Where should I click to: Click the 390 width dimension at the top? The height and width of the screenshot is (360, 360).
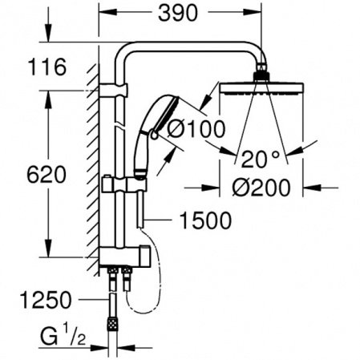(x=178, y=14)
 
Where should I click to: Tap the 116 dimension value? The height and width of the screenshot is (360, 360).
(x=47, y=67)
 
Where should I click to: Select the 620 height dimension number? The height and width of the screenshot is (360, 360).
(x=47, y=175)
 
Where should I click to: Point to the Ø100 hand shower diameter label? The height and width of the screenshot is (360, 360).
(x=196, y=129)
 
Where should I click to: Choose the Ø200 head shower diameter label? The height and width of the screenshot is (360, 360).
(x=261, y=188)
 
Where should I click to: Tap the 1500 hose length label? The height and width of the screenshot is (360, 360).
(x=205, y=220)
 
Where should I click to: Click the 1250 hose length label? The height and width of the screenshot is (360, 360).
(x=46, y=300)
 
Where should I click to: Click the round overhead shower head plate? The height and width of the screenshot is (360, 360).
(x=261, y=89)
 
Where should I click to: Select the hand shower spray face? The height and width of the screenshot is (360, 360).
(x=168, y=114)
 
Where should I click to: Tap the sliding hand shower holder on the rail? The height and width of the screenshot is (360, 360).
(x=124, y=184)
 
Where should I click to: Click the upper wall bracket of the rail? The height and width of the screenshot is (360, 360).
(x=113, y=90)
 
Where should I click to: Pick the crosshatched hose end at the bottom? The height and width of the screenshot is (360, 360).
(x=112, y=324)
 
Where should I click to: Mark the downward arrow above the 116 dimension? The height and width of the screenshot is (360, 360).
(x=48, y=24)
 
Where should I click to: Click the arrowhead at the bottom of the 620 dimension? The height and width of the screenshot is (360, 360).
(x=48, y=248)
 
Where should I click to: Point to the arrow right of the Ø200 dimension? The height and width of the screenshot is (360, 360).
(x=321, y=188)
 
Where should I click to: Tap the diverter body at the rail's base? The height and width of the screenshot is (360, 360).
(x=125, y=257)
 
